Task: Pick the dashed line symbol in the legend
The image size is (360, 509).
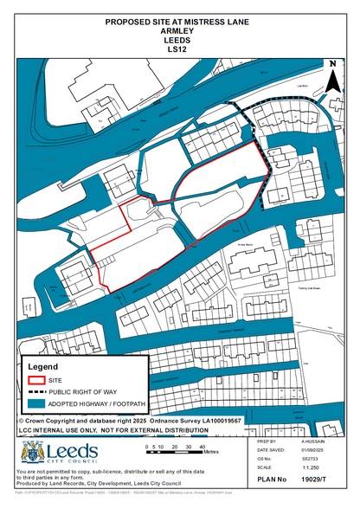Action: pyautogui.click(x=36, y=391)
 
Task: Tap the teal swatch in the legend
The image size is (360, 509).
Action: pyautogui.click(x=36, y=404)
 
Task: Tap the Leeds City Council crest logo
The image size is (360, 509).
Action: pyautogui.click(x=31, y=453)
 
